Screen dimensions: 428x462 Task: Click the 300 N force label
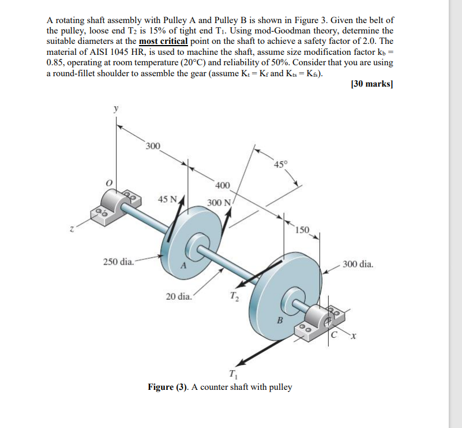[219, 203]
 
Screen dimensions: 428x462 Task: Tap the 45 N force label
[168, 199]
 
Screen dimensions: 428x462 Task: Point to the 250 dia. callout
[118, 262]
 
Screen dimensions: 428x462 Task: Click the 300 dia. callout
[358, 265]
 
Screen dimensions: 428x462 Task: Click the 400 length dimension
[223, 185]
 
